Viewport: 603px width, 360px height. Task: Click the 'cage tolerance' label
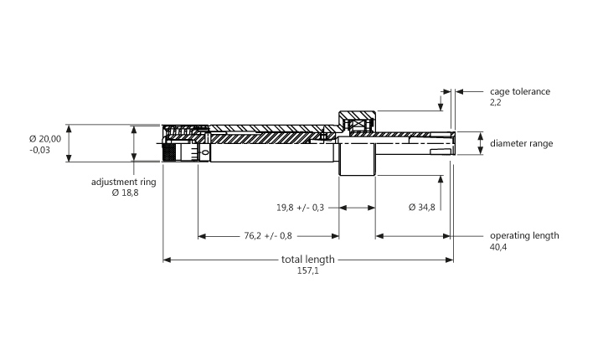tap(520, 91)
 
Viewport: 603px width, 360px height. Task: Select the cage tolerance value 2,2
tap(496, 102)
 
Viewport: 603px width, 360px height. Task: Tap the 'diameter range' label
tap(522, 143)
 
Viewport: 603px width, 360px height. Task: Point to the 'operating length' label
tap(524, 235)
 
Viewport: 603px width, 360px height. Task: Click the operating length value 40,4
tap(498, 247)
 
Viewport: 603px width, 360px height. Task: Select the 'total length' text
tap(308, 260)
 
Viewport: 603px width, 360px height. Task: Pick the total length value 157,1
tap(308, 270)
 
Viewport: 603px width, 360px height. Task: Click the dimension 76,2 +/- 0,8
tap(268, 235)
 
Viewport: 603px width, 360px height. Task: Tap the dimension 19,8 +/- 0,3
tap(301, 208)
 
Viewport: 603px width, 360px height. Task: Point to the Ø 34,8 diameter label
tap(422, 208)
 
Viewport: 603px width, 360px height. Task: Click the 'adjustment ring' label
tap(124, 182)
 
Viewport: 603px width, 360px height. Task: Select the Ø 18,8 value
tap(126, 193)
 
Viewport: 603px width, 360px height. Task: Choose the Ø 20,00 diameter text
tap(45, 139)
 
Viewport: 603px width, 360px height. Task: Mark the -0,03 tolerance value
tap(39, 150)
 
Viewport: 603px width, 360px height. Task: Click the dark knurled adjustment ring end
tap(168, 152)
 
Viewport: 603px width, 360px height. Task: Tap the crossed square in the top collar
tap(358, 124)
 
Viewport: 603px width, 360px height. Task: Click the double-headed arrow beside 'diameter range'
tap(481, 143)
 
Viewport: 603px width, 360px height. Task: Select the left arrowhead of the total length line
tap(167, 260)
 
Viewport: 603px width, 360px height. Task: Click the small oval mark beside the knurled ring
tap(205, 153)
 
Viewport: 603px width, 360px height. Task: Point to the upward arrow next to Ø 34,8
tap(441, 193)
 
